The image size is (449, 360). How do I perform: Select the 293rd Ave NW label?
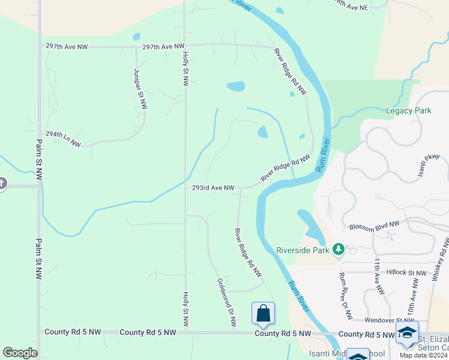tap(212, 188)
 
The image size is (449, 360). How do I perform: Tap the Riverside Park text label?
tap(304, 250)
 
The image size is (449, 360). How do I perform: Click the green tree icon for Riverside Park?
tap(339, 249)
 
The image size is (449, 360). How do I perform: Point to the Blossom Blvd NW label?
tap(374, 226)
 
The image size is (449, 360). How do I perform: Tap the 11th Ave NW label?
tap(378, 276)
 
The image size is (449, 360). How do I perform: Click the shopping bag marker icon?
tap(263, 313)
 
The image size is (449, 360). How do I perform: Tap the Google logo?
tap(20, 353)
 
